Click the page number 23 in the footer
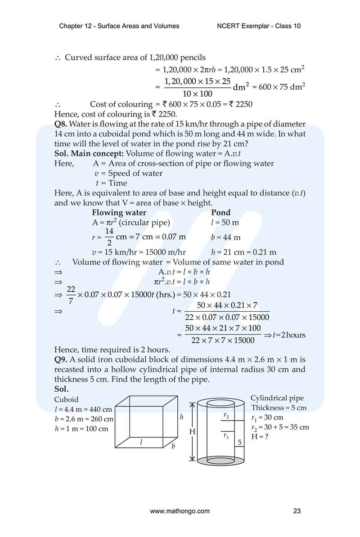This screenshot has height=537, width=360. [x=297, y=511]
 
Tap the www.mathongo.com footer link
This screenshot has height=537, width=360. [x=180, y=511]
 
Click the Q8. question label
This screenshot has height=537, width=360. [x=61, y=124]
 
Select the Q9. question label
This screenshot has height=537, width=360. [x=61, y=359]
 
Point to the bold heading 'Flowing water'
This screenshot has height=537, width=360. [x=119, y=213]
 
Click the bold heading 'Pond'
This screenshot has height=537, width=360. [x=220, y=213]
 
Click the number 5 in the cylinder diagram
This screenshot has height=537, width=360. [x=240, y=443]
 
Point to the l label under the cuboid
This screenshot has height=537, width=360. [x=141, y=442]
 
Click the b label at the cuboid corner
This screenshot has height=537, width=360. [x=173, y=447]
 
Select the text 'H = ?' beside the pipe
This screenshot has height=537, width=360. [x=260, y=436]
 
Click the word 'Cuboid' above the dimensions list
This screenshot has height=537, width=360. [x=66, y=399]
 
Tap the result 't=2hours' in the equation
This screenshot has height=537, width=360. [x=289, y=335]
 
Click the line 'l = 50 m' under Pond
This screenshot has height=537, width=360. [x=225, y=223]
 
